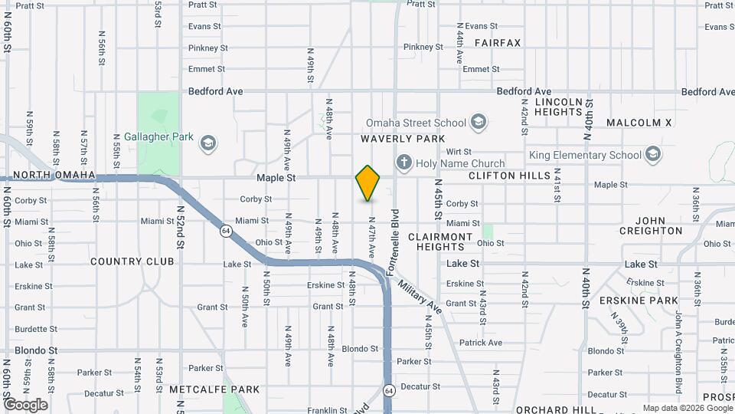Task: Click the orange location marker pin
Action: point(368,183)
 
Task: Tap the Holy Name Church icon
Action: point(403,163)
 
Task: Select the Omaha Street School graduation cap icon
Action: point(479,122)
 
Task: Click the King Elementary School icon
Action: point(653,155)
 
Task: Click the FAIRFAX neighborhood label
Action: point(497,43)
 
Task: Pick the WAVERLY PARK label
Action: point(403,139)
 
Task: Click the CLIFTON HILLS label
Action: point(509,176)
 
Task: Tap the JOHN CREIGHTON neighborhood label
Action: point(650,225)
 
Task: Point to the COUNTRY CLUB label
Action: point(132,261)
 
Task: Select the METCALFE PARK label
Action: point(214,389)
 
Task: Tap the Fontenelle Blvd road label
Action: point(395,242)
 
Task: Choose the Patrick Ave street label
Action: point(481,343)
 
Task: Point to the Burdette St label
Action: point(31,330)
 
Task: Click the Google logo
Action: point(25,404)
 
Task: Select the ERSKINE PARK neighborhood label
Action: point(639,300)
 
